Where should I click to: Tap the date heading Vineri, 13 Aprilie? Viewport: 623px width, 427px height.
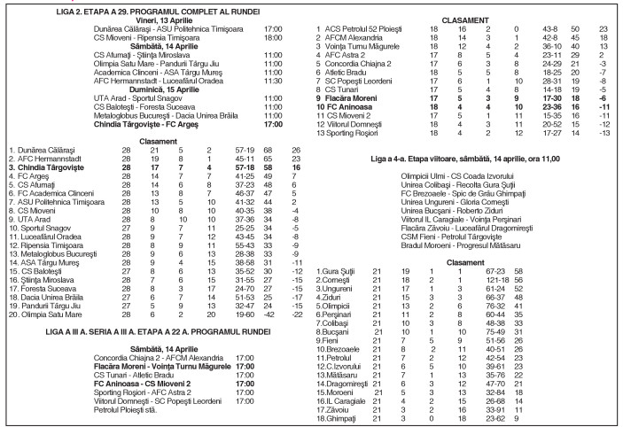158,19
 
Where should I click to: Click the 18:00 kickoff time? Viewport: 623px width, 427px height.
271,38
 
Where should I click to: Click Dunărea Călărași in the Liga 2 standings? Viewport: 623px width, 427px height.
54,151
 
